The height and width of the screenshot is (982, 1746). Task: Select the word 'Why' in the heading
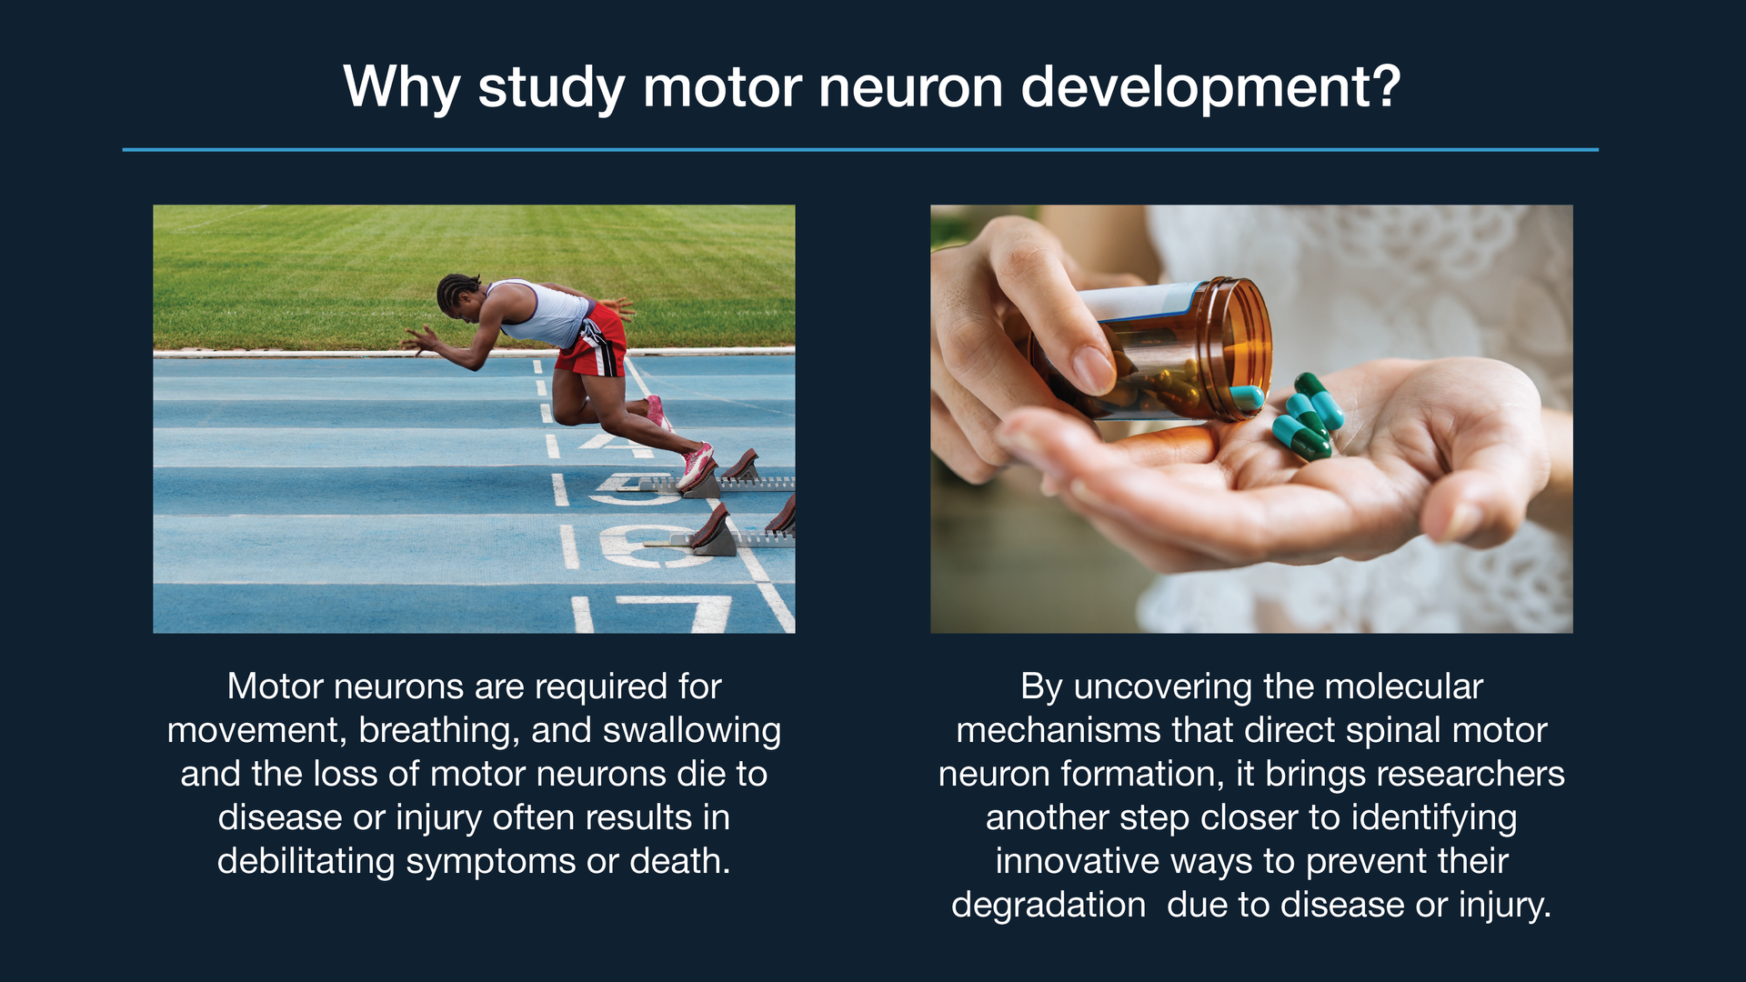coord(400,87)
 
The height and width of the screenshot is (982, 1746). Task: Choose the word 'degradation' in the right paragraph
coord(1048,905)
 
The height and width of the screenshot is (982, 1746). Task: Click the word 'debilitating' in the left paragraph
coord(306,861)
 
